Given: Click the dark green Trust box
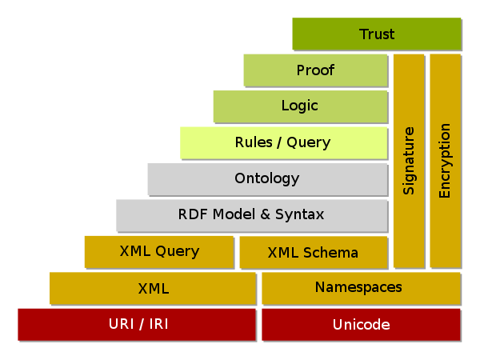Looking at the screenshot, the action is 377,34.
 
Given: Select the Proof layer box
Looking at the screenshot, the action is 316,70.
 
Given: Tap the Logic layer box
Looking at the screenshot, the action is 300,106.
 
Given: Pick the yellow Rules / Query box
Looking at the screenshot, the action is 284,142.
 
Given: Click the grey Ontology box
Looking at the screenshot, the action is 267,178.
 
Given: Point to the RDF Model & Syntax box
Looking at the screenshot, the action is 252,215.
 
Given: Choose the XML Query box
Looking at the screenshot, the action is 159,252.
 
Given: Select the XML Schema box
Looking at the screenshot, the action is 314,252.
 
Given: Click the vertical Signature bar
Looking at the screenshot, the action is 409,161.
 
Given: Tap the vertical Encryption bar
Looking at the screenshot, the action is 446,161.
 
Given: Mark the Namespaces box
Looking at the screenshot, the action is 362,288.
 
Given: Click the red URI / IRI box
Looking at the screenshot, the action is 137,324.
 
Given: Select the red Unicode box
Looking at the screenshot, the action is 362,324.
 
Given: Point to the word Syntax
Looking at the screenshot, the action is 299,214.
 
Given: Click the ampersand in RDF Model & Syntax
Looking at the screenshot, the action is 265,214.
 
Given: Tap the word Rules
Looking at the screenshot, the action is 254,142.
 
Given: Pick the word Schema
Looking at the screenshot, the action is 330,253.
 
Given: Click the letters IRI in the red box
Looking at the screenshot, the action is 158,324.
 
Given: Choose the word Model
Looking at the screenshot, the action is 234,214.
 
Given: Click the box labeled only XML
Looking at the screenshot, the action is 153,288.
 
